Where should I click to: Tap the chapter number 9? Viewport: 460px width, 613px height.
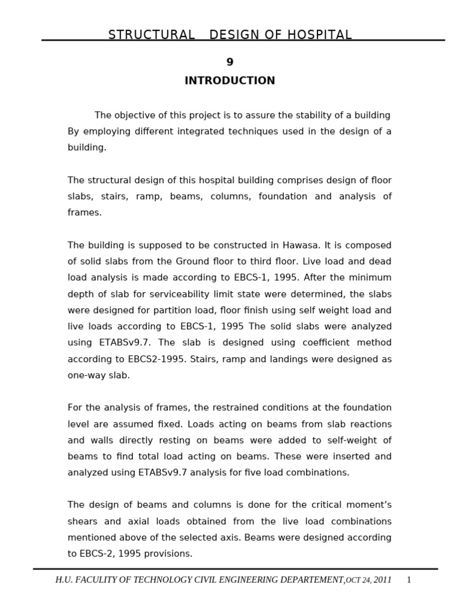[x=229, y=62]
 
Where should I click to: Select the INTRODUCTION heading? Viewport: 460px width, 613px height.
[x=229, y=81]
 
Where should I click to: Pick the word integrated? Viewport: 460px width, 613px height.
[x=197, y=132]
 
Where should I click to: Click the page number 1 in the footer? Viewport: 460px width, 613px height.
[x=408, y=580]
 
